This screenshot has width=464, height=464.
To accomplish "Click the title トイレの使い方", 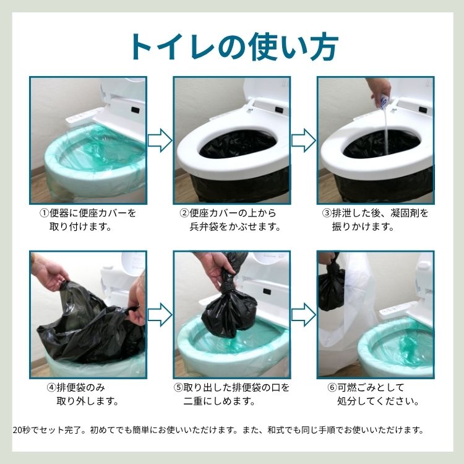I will pyautogui.click(x=233, y=45).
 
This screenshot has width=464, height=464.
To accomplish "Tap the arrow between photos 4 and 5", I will pyautogui.click(x=160, y=314).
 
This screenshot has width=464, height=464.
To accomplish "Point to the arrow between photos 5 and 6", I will pyautogui.click(x=303, y=314).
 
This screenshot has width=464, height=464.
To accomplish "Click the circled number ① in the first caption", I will pyautogui.click(x=44, y=213).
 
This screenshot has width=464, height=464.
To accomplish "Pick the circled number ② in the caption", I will pyautogui.click(x=184, y=213).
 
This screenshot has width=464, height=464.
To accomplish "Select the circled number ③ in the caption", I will pyautogui.click(x=327, y=213).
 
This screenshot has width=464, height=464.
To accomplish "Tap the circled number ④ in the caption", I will pyautogui.click(x=52, y=387).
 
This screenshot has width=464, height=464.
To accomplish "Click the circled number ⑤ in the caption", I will pyautogui.click(x=179, y=387).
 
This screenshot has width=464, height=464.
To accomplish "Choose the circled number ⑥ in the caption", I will pyautogui.click(x=332, y=387).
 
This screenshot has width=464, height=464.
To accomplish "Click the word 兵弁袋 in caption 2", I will pyautogui.click(x=205, y=226).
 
